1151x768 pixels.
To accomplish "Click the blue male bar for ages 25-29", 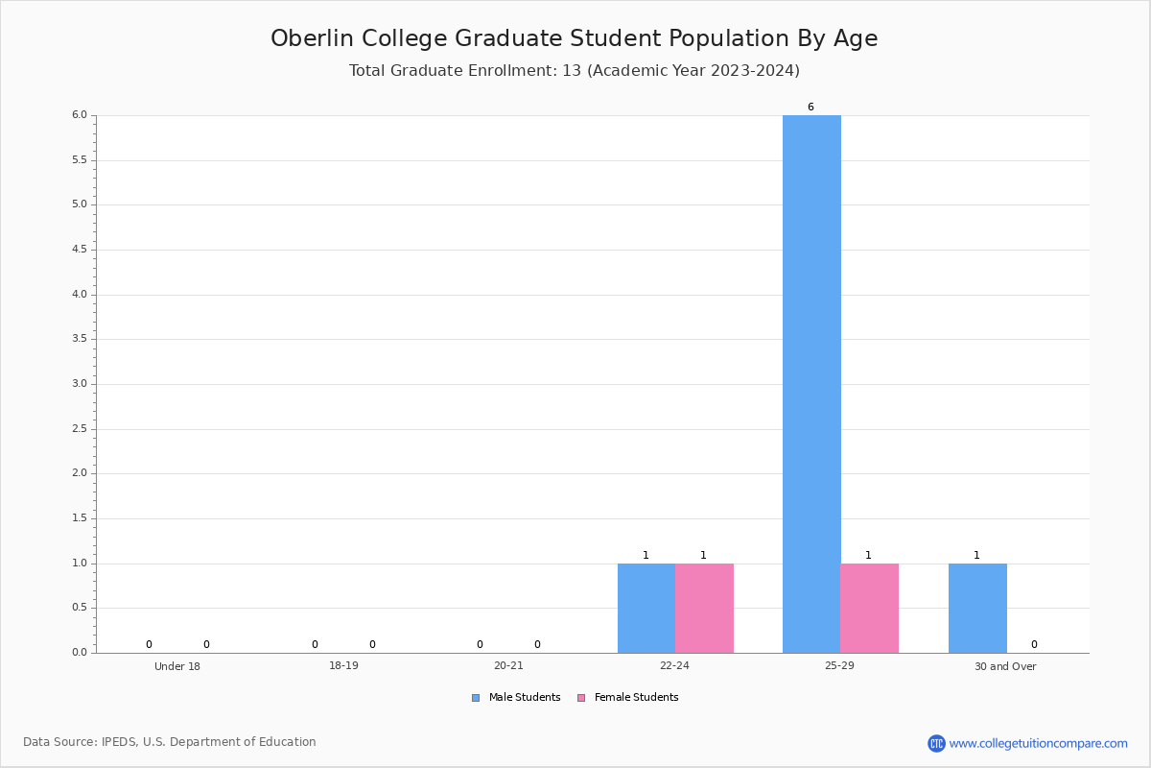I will pos(811,384).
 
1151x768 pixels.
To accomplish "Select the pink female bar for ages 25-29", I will pos(869,608).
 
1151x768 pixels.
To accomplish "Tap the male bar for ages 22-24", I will pos(646,608).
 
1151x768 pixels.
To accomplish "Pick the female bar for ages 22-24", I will pos(704,608).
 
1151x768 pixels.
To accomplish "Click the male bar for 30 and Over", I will pos(977,608).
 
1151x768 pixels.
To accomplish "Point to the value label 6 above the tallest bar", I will pos(810,107).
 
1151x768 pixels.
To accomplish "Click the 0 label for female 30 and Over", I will pos(1034,644).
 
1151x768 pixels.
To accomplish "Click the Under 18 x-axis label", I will pos(177,666).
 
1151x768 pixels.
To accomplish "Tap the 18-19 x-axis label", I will pos(343,666).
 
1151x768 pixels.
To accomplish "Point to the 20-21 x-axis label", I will pos(508,666).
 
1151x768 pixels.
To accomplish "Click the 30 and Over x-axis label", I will pos(1005,666).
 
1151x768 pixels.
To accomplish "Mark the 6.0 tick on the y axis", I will pos(79,115).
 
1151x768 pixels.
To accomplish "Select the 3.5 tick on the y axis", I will pos(79,339).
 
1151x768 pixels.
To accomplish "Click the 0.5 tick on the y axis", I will pos(79,608).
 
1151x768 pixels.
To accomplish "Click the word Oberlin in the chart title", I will pos(312,38).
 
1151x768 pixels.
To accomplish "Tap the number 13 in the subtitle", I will pos(572,71).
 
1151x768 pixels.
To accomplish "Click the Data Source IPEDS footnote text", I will pos(170,742).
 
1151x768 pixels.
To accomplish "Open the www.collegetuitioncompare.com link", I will pos(1038,743).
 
